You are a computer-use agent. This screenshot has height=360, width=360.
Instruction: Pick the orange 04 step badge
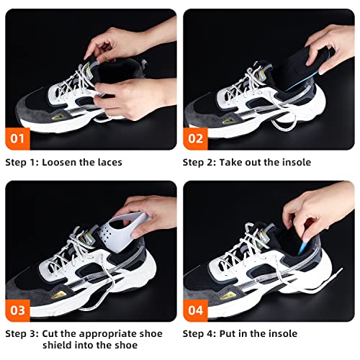[195, 310]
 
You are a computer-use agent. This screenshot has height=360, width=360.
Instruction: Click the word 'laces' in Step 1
[107, 163]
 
